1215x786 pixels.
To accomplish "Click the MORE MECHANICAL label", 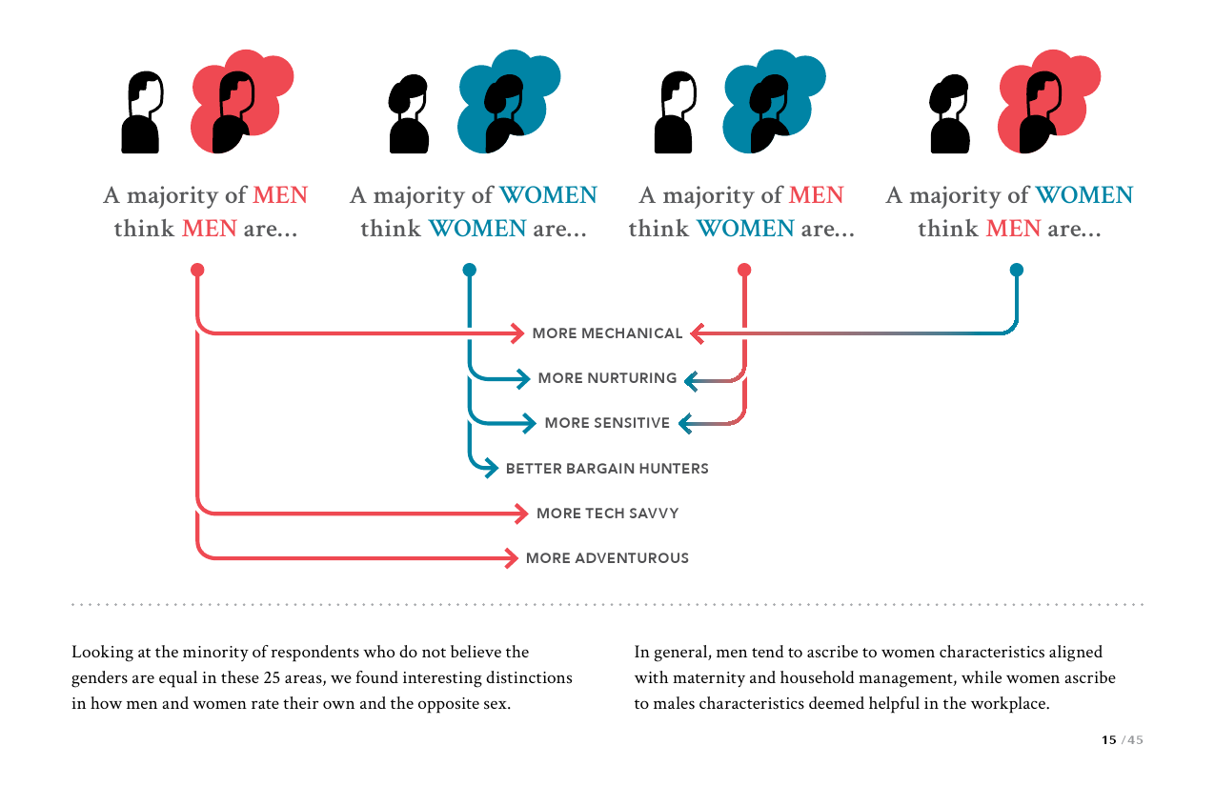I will (x=607, y=333).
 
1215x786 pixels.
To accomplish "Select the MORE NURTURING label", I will (x=607, y=378).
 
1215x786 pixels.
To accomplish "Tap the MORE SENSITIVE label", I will (x=607, y=423).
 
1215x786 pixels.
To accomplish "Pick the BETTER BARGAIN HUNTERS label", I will (x=607, y=469).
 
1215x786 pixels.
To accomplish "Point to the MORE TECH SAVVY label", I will (x=607, y=514).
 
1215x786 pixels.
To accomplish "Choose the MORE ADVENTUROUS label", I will (x=607, y=558).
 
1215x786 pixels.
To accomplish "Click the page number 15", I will (x=1108, y=740).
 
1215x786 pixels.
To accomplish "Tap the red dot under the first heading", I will (x=197, y=270).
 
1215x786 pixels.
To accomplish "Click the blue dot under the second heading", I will (x=469, y=270).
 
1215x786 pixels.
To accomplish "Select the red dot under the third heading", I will (x=744, y=270).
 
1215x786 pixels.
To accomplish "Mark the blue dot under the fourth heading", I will (x=1016, y=270).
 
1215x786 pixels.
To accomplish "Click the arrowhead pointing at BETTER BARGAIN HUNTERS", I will (x=492, y=468).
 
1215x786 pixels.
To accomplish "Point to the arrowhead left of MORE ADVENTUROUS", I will (x=514, y=558).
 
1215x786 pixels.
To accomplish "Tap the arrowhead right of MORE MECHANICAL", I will (x=697, y=333).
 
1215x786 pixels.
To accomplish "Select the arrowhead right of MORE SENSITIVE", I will (x=684, y=423).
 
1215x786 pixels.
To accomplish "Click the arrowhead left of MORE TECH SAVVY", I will (x=521, y=514).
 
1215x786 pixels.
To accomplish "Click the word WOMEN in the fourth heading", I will (x=1084, y=195).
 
